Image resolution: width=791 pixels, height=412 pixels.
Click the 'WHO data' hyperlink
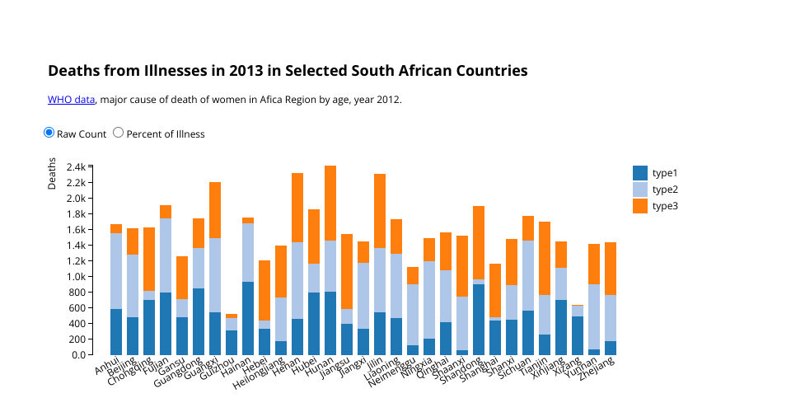(72, 100)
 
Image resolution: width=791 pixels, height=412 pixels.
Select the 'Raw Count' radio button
(49, 133)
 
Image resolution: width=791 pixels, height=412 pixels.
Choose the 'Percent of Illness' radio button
(118, 133)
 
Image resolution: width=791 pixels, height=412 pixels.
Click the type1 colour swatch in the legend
(640, 173)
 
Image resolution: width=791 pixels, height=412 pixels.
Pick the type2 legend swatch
(640, 190)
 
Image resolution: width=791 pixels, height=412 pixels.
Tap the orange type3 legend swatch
(640, 206)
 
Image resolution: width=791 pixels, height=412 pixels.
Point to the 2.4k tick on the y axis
(76, 166)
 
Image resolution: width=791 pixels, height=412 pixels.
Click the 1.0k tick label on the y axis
(76, 276)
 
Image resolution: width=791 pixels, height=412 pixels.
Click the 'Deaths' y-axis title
(53, 173)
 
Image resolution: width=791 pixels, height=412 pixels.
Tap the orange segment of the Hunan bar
(330, 203)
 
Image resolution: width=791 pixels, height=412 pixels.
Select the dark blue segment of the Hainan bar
(248, 318)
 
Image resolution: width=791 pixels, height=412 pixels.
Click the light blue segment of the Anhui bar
(116, 271)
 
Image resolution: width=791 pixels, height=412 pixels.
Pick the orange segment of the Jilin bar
(380, 211)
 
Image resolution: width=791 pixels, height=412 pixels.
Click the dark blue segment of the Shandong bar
(479, 319)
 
